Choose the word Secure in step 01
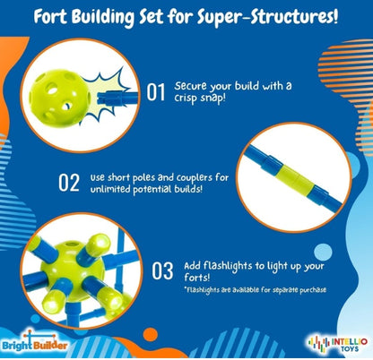195,85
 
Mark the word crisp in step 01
185,100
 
